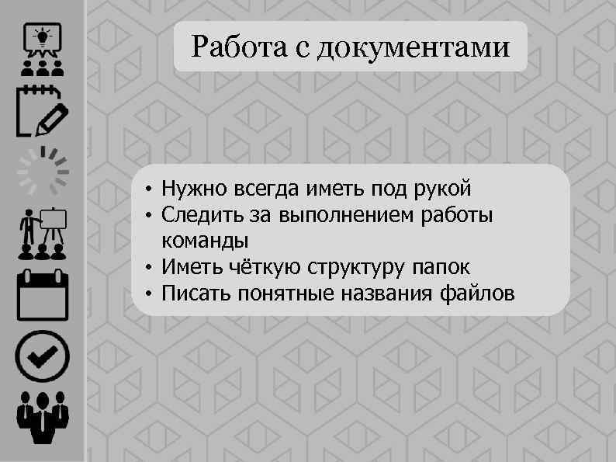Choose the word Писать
pyautogui.click(x=195, y=294)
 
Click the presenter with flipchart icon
pyautogui.click(x=42, y=234)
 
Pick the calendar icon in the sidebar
pyautogui.click(x=42, y=294)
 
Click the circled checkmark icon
pyautogui.click(x=42, y=357)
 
